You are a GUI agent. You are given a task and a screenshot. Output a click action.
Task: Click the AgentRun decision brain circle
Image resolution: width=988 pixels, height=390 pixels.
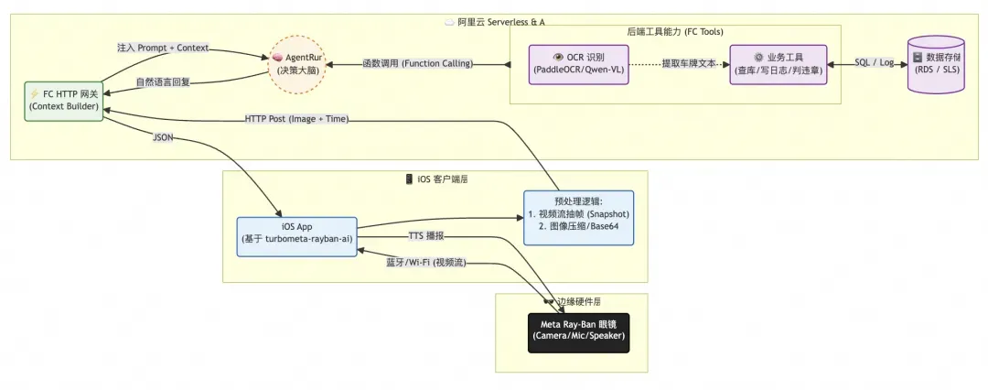295,64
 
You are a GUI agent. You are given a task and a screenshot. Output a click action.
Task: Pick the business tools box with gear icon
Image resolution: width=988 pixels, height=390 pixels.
778,64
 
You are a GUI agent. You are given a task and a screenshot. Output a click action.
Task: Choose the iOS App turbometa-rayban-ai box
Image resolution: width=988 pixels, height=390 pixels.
296,236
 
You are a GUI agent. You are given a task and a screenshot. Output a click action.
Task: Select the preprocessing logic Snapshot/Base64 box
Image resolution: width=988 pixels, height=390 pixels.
578,218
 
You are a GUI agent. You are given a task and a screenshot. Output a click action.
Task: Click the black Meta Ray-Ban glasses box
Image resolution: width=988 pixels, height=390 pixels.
580,330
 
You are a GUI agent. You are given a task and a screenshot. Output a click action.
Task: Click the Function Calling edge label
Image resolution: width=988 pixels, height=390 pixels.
417,64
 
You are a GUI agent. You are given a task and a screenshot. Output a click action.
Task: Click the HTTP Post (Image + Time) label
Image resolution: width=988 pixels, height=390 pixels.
296,119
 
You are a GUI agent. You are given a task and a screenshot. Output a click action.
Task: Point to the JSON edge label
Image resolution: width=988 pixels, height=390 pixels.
163,138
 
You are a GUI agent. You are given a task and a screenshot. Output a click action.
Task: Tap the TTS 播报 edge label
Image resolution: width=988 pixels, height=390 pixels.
425,235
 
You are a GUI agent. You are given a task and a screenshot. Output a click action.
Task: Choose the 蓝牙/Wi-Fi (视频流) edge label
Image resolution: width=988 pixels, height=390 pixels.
426,262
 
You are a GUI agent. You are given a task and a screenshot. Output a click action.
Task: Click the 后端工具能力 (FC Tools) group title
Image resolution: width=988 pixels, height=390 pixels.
674,32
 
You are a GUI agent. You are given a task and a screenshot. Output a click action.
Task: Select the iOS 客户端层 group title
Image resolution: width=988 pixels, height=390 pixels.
435,179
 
